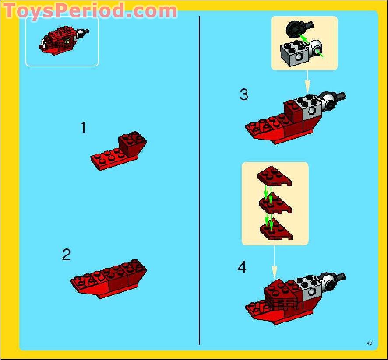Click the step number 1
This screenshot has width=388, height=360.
pyautogui.click(x=83, y=128)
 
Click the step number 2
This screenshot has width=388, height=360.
pyautogui.click(x=66, y=255)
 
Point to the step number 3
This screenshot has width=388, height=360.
pyautogui.click(x=244, y=94)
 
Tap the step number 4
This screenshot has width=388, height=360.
pyautogui.click(x=242, y=267)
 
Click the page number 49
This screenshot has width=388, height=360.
pyautogui.click(x=369, y=343)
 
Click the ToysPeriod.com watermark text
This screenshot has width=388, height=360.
pyautogui.click(x=90, y=10)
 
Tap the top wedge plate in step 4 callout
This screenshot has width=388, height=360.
pyautogui.click(x=275, y=176)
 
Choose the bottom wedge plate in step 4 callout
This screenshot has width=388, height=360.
pyautogui.click(x=276, y=230)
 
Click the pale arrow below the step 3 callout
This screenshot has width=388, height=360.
pyautogui.click(x=307, y=81)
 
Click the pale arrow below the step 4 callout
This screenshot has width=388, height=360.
pyautogui.click(x=274, y=262)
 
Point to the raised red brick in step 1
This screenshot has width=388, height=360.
pyautogui.click(x=132, y=144)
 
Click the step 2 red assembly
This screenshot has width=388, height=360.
pyautogui.click(x=108, y=279)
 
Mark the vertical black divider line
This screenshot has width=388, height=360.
pyautogui.click(x=199, y=180)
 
